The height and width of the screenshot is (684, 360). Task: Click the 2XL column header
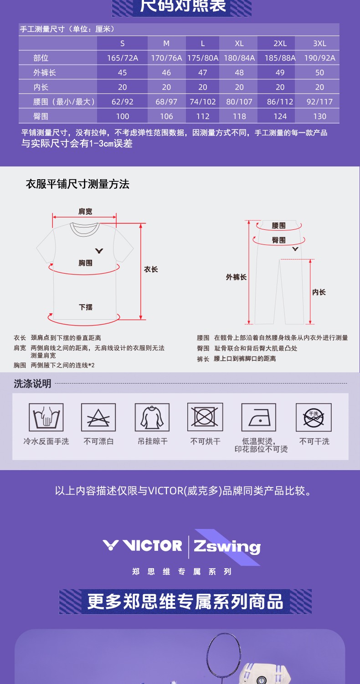pyautogui.click(x=280, y=43)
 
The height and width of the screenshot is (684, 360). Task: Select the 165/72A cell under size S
pyautogui.click(x=122, y=58)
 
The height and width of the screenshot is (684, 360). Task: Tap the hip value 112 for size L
pyautogui.click(x=203, y=116)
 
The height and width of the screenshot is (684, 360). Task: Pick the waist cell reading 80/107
pyautogui.click(x=239, y=102)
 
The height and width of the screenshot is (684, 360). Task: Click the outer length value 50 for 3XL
pyautogui.click(x=319, y=73)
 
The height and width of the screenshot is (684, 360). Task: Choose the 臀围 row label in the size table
pyautogui.click(x=41, y=116)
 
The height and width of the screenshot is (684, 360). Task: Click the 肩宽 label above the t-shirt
pyautogui.click(x=85, y=211)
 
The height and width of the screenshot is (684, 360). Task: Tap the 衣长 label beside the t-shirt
pyautogui.click(x=151, y=269)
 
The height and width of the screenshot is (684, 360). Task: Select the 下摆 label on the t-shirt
pyautogui.click(x=85, y=307)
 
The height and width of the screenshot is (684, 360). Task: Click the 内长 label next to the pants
pyautogui.click(x=319, y=292)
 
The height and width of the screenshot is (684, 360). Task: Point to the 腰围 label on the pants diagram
pyautogui.click(x=278, y=226)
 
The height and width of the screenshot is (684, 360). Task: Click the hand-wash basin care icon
pyautogui.click(x=46, y=417)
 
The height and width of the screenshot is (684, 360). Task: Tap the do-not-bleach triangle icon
pyautogui.click(x=98, y=417)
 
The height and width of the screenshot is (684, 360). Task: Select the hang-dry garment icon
pyautogui.click(x=152, y=417)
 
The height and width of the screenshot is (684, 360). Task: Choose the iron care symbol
pyautogui.click(x=259, y=417)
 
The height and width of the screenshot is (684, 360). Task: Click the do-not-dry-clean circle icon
pyautogui.click(x=314, y=417)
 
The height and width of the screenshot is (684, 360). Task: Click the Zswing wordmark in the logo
pyautogui.click(x=227, y=547)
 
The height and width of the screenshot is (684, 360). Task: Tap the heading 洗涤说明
pyautogui.click(x=32, y=383)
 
